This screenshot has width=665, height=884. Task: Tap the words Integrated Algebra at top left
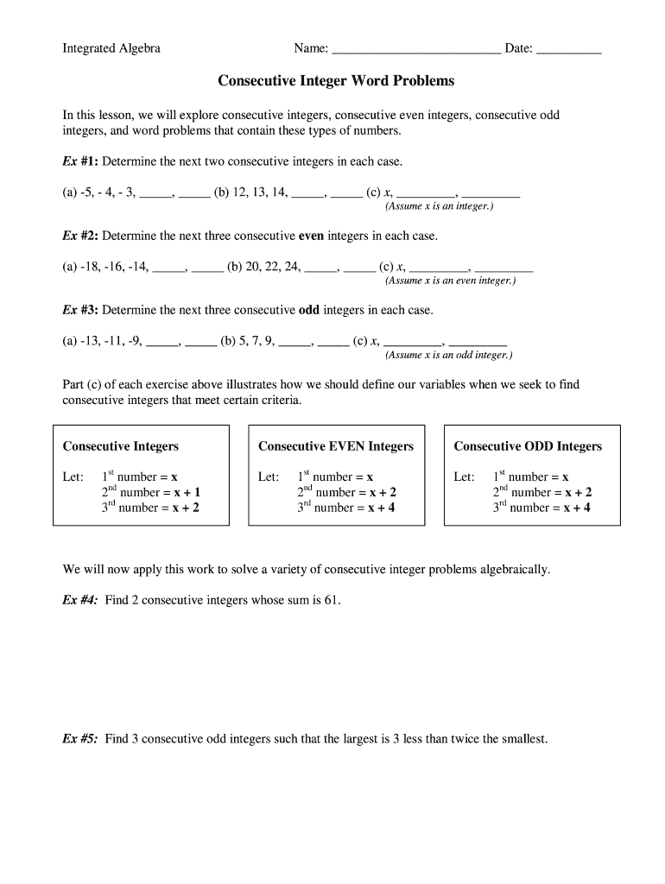111,48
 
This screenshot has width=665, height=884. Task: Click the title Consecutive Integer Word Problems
336,81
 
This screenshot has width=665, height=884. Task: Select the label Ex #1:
80,161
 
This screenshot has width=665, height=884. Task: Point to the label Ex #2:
80,235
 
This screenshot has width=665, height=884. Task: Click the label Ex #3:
80,309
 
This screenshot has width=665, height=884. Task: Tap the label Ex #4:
80,600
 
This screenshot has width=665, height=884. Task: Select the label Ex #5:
80,739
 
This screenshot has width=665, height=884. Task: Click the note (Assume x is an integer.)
440,206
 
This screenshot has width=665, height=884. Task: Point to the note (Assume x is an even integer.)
450,281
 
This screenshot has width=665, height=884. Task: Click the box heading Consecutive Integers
121,446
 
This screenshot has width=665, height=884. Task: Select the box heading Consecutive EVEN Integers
336,446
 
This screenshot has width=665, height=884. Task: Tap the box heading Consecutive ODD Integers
528,446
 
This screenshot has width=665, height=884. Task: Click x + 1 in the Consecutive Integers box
187,492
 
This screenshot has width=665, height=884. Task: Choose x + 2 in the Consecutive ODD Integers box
578,492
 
